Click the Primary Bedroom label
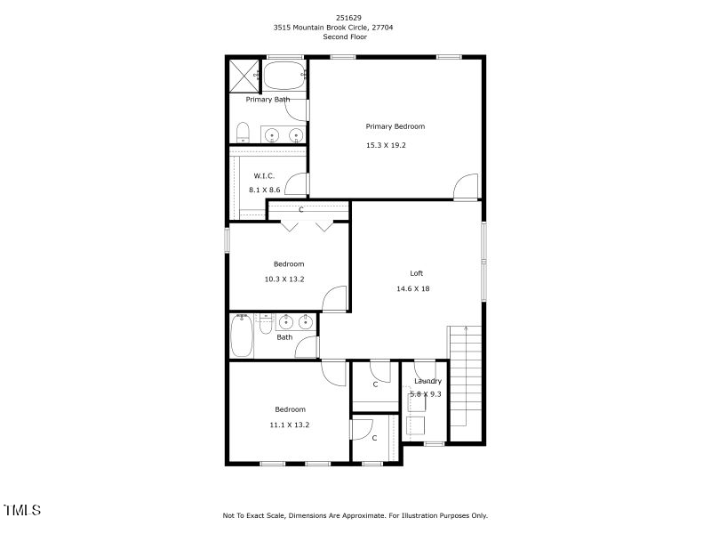[395, 126]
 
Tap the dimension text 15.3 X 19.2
[386, 145]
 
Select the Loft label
[416, 273]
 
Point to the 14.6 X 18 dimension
[412, 288]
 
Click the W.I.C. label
[264, 175]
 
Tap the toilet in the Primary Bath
[242, 133]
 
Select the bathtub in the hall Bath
[241, 336]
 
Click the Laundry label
[427, 381]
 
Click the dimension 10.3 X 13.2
[284, 279]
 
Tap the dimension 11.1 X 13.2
[289, 425]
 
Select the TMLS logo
[22, 510]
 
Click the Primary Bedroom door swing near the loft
[464, 187]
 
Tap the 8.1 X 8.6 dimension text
[264, 190]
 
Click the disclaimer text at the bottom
[355, 515]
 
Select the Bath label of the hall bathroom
[284, 337]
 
